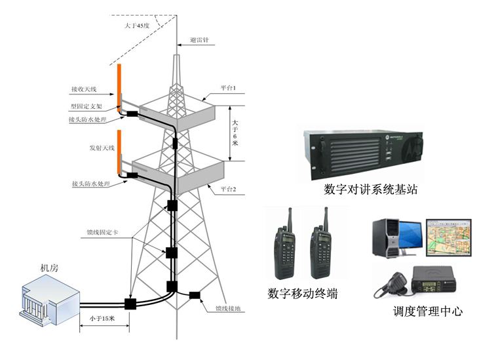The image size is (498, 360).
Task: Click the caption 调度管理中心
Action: coord(427,311)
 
